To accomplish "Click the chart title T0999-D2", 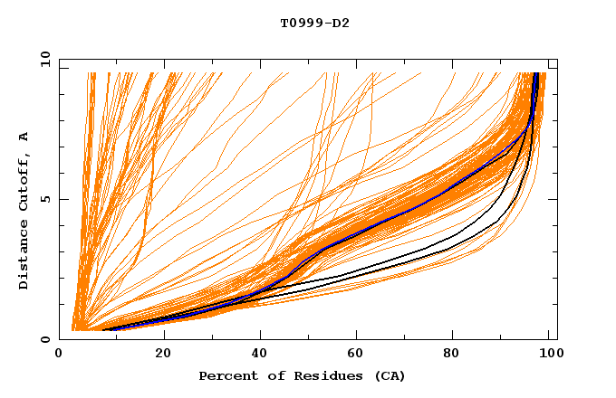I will (315, 23).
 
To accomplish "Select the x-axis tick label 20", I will (163, 355).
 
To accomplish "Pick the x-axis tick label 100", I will (548, 355).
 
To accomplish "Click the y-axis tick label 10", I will (43, 59).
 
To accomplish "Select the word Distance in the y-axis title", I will (24, 259).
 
